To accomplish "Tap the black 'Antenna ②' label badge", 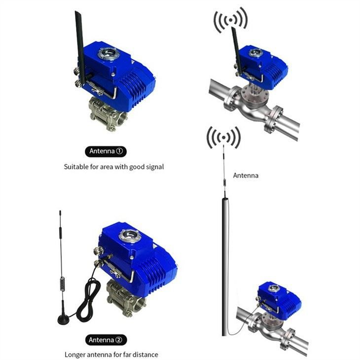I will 106,339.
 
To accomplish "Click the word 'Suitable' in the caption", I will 75,167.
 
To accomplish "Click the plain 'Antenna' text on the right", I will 246,175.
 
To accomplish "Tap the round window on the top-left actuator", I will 108,53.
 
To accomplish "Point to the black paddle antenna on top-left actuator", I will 79,42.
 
